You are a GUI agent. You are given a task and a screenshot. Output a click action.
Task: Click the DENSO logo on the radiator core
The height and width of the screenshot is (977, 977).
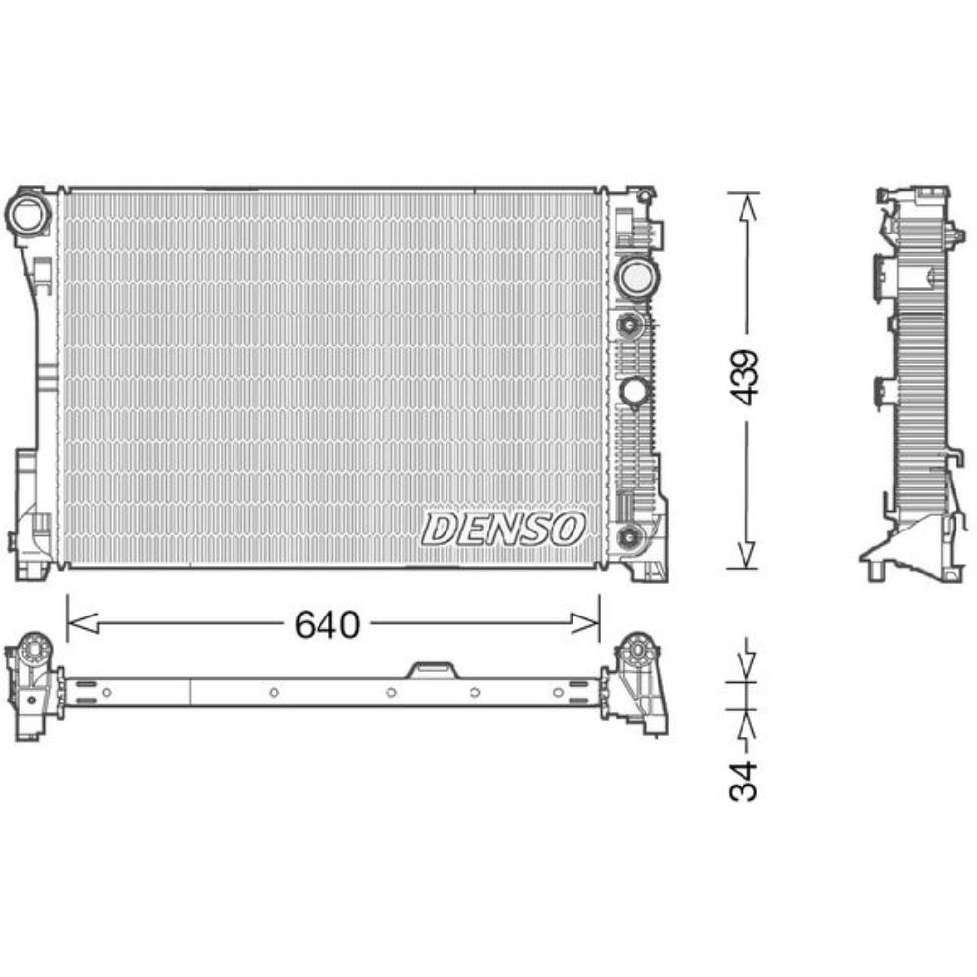coord(503,529)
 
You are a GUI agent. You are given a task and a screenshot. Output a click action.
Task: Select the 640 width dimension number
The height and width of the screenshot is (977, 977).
coord(327,624)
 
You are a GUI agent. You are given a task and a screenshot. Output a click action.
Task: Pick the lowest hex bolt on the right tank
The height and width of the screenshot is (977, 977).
coord(630,534)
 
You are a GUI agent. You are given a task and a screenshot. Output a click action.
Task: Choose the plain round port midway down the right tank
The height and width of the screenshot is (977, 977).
coord(634,391)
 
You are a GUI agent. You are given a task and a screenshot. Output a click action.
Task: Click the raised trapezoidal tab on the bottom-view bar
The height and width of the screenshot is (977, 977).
coord(431,668)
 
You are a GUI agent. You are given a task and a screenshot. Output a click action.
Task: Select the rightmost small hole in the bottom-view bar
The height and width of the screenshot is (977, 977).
coord(558,693)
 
